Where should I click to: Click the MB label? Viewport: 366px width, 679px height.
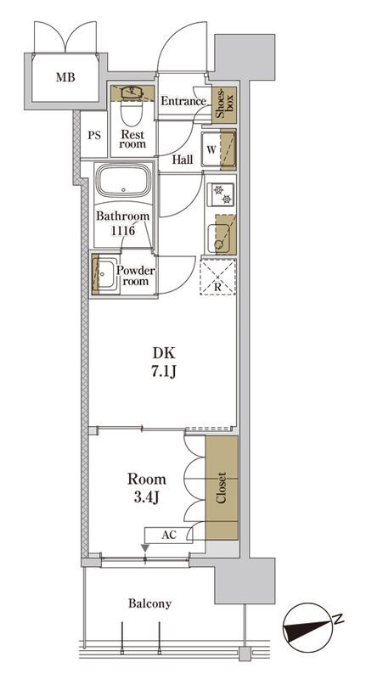65,77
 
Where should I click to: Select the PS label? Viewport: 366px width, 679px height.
94,135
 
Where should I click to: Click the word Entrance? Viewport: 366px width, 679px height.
183,101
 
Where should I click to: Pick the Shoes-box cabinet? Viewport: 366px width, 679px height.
224,104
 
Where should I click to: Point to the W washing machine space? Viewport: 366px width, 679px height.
218,150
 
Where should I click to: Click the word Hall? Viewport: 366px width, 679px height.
183,160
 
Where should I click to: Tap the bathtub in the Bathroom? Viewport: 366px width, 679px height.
123,181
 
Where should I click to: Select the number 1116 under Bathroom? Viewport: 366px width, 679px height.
123,230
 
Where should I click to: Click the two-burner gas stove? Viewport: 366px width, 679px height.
221,194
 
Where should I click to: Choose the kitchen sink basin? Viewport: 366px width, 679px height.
218,238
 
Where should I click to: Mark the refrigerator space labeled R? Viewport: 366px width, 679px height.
218,278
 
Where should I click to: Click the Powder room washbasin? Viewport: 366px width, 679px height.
104,274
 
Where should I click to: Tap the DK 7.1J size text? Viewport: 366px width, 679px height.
164,362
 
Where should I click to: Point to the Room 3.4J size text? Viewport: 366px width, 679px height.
146,487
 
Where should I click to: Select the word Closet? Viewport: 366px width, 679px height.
222,487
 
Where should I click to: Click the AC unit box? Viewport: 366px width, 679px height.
169,535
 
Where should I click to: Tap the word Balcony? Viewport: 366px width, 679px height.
149,603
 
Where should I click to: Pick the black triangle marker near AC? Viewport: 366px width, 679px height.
145,548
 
